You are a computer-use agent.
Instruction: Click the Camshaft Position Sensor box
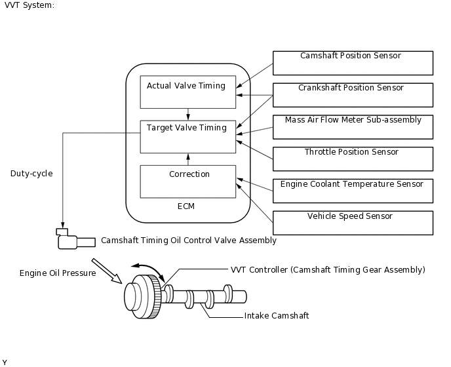[353, 63]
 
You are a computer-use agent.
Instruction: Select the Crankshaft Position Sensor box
[353, 94]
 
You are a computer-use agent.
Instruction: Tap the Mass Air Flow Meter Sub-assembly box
[353, 126]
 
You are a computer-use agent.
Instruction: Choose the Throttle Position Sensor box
[353, 159]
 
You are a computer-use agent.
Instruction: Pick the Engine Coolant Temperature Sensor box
[353, 191]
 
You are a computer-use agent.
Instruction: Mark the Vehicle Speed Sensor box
[353, 223]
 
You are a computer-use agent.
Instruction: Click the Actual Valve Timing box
[188, 92]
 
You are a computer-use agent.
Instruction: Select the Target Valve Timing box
[188, 136]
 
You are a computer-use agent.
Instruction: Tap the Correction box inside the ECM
[188, 182]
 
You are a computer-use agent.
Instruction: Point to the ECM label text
[186, 206]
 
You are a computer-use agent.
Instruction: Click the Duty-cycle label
[31, 174]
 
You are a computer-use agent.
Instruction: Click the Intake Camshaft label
[277, 316]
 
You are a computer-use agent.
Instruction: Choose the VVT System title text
[29, 5]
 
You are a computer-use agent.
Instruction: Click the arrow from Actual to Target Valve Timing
[188, 114]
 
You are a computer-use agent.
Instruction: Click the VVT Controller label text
[328, 270]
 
